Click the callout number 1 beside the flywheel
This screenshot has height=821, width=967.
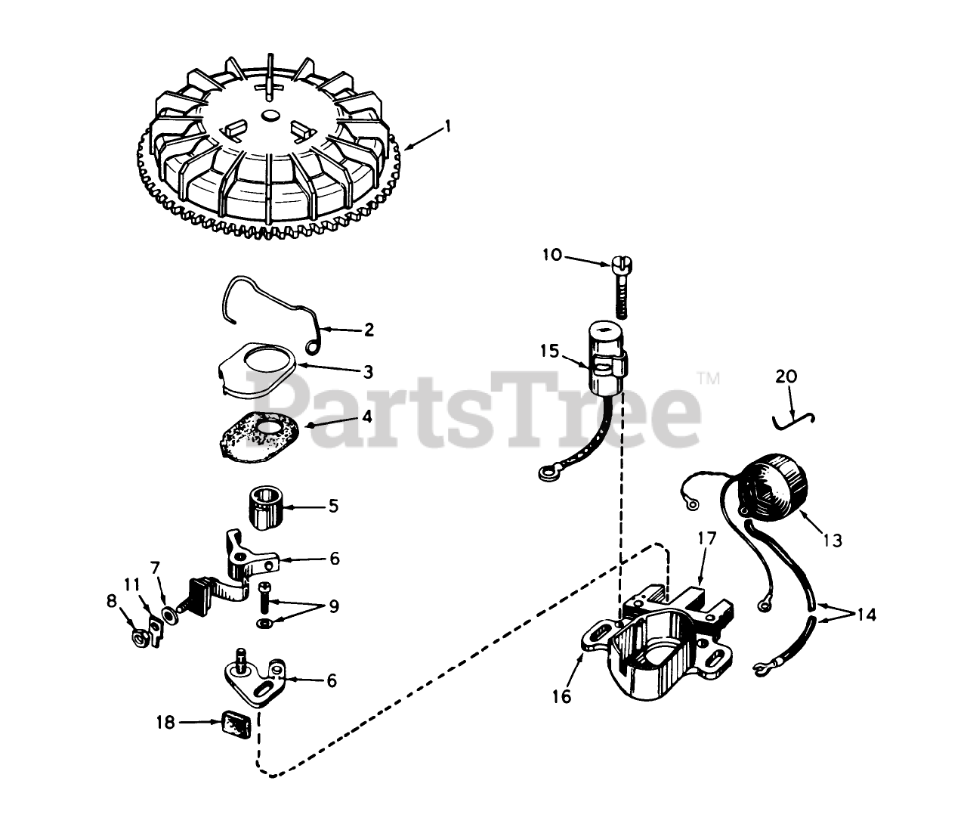pyautogui.click(x=446, y=126)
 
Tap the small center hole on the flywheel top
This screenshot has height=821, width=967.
pyautogui.click(x=270, y=115)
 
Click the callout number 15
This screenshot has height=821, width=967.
pyautogui.click(x=550, y=351)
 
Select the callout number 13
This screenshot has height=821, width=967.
pyautogui.click(x=833, y=540)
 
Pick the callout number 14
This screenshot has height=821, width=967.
pyautogui.click(x=867, y=615)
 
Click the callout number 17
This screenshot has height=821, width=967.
pyautogui.click(x=706, y=538)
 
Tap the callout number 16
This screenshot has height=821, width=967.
pyautogui.click(x=561, y=696)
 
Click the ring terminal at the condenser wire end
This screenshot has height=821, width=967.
pyautogui.click(x=545, y=475)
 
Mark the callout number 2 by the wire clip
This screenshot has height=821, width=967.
pyautogui.click(x=368, y=330)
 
